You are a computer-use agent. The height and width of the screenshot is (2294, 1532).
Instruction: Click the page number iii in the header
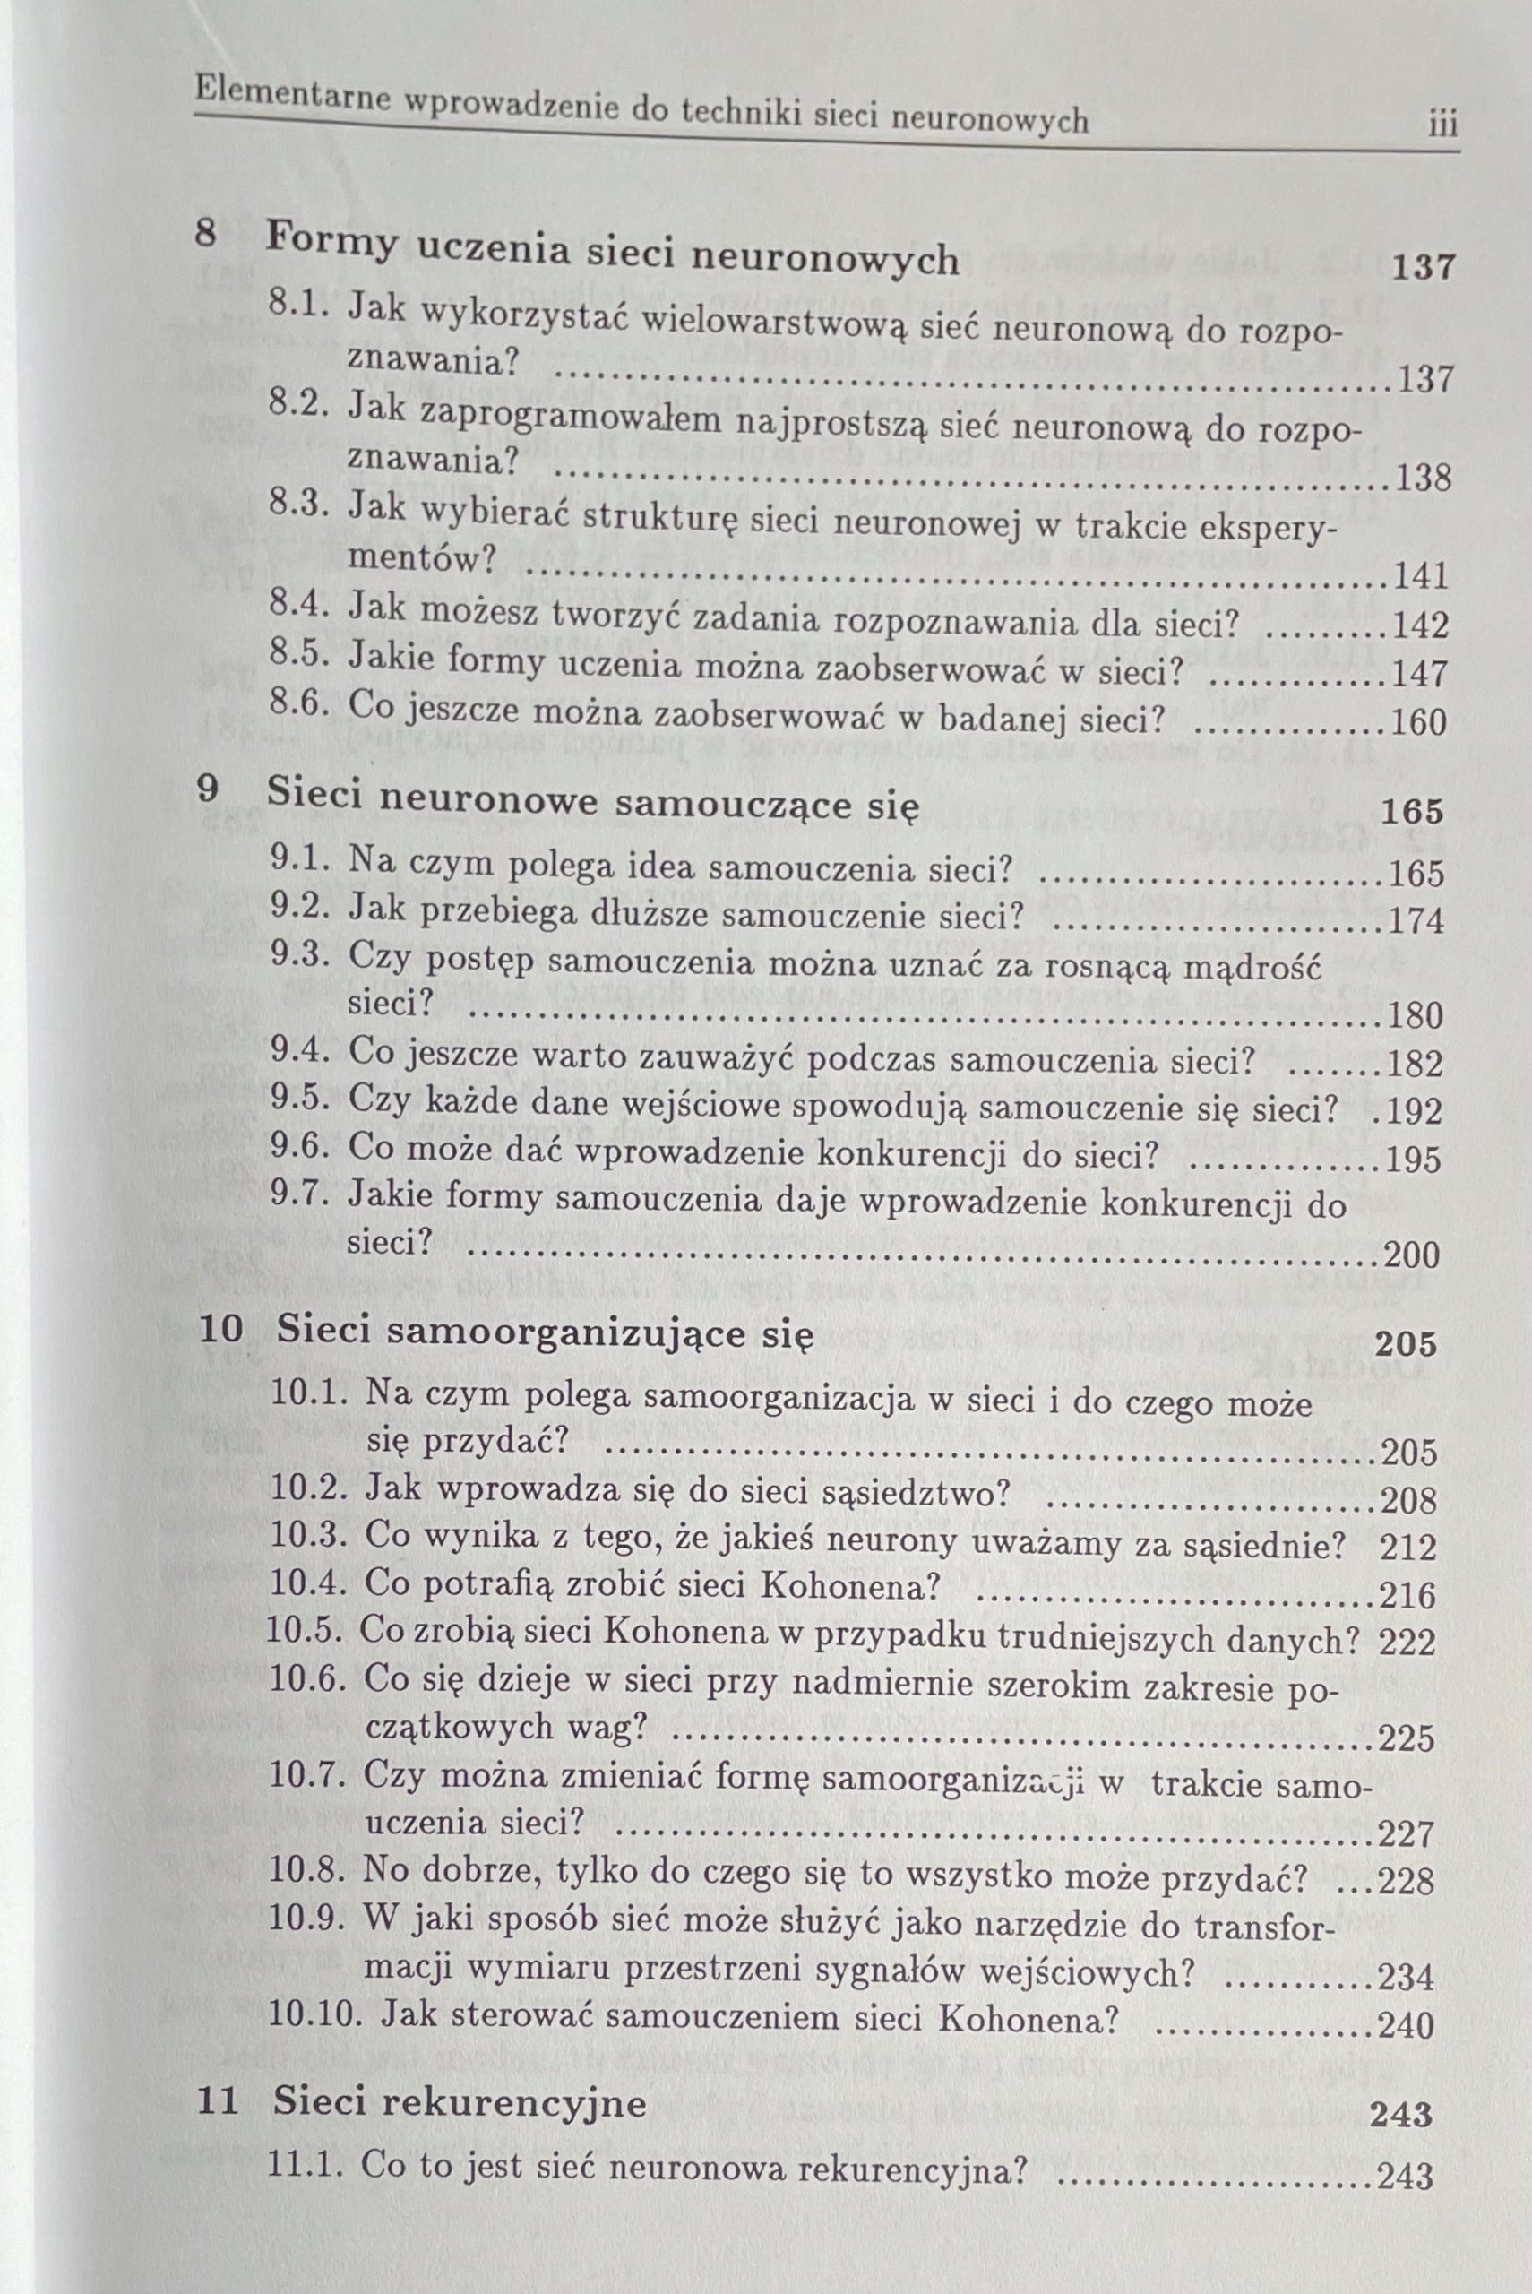click(1442, 126)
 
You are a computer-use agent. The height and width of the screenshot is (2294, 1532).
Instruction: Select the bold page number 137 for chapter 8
click(1423, 267)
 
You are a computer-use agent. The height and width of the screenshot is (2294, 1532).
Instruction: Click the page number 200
click(1414, 1255)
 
